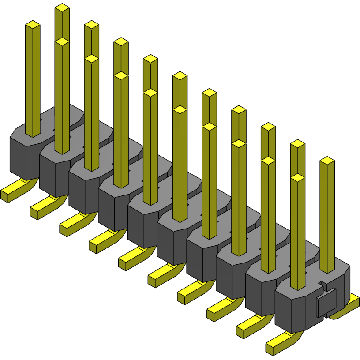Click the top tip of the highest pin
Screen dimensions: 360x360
(x=62, y=7)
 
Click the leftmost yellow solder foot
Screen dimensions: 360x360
(x=13, y=190)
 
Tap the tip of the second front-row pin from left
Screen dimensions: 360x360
(x=62, y=42)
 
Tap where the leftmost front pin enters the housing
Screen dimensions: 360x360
(x=33, y=135)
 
